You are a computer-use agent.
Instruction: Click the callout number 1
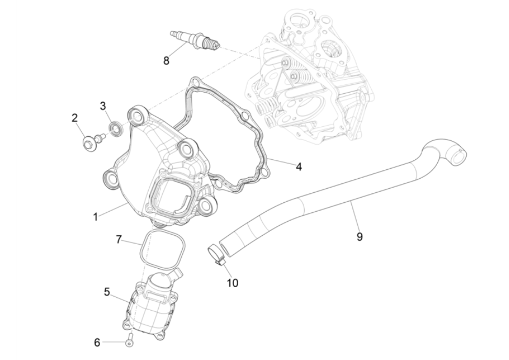[x=95, y=216]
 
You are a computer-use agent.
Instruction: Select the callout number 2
[x=75, y=118]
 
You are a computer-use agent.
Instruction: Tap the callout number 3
[x=103, y=106]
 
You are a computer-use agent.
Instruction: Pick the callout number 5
[x=107, y=292]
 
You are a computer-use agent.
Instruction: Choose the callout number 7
[x=119, y=239]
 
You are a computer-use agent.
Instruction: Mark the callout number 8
[x=167, y=61]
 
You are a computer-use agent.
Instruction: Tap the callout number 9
[x=360, y=236]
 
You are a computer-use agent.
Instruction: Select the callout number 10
[x=233, y=283]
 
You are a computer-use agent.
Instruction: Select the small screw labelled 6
[x=129, y=341]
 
